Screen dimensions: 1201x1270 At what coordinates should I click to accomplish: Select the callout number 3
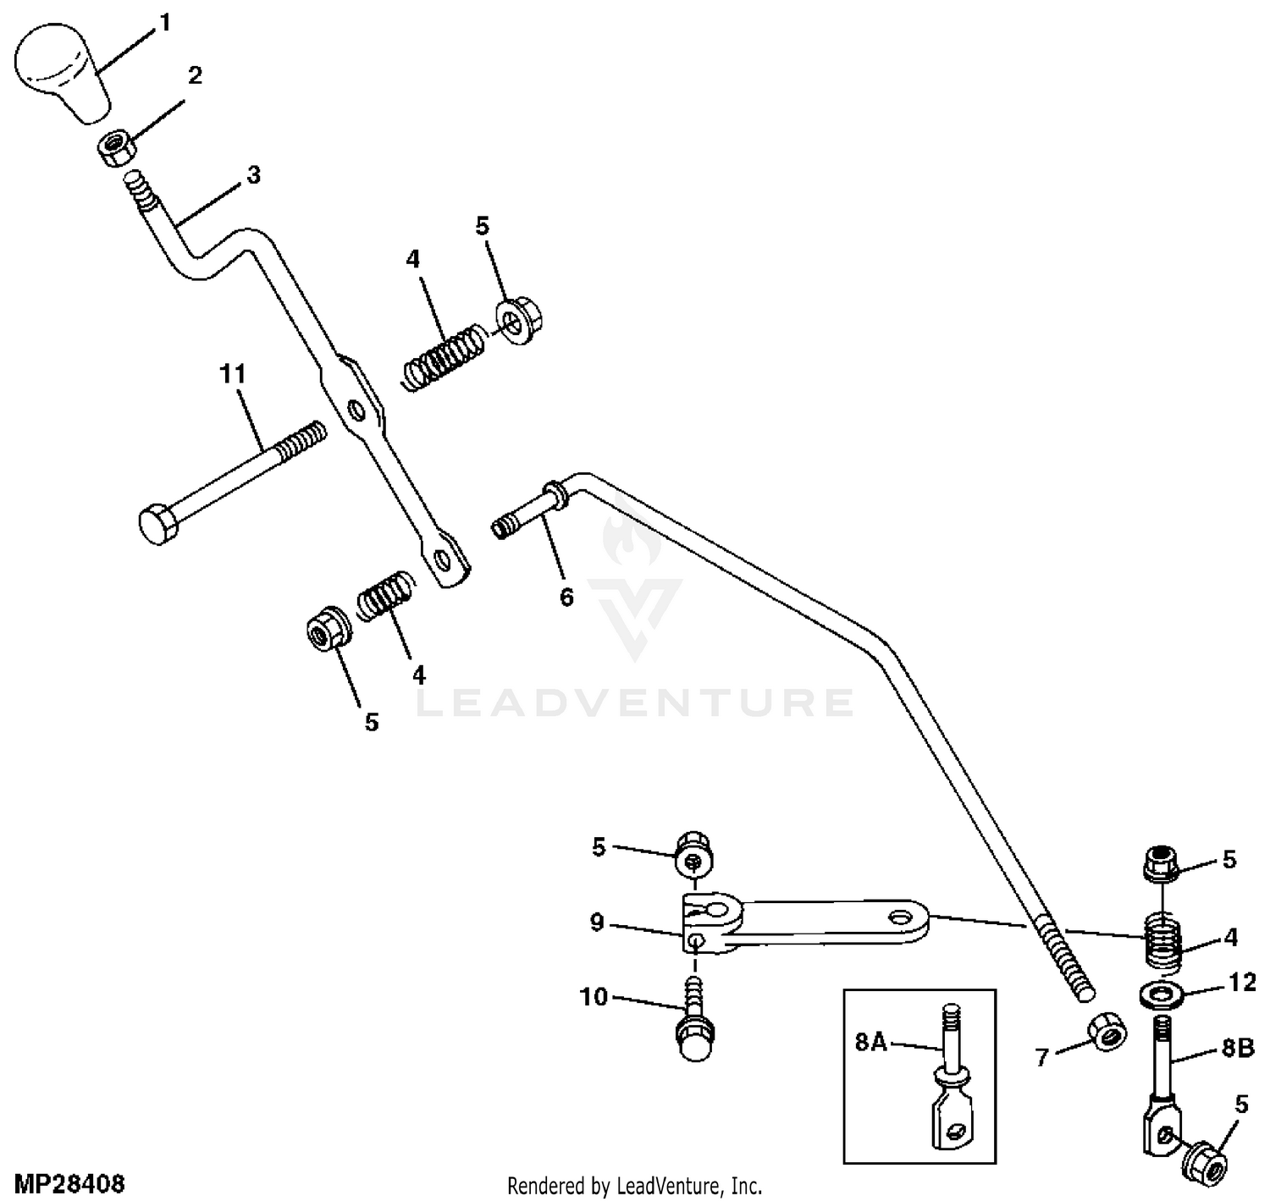click(253, 176)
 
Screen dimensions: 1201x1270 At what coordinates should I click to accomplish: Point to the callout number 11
click(232, 373)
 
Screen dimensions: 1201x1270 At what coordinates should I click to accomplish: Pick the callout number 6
click(566, 597)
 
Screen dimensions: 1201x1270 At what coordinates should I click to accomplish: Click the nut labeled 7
click(1106, 1029)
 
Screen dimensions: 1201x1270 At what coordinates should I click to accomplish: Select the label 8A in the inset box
click(870, 1043)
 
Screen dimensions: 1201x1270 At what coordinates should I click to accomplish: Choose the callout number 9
click(598, 923)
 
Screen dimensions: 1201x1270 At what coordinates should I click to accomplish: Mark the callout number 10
click(594, 997)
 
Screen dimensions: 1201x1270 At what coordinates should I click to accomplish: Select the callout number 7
click(1042, 1056)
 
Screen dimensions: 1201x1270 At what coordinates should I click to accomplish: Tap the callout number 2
click(195, 75)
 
